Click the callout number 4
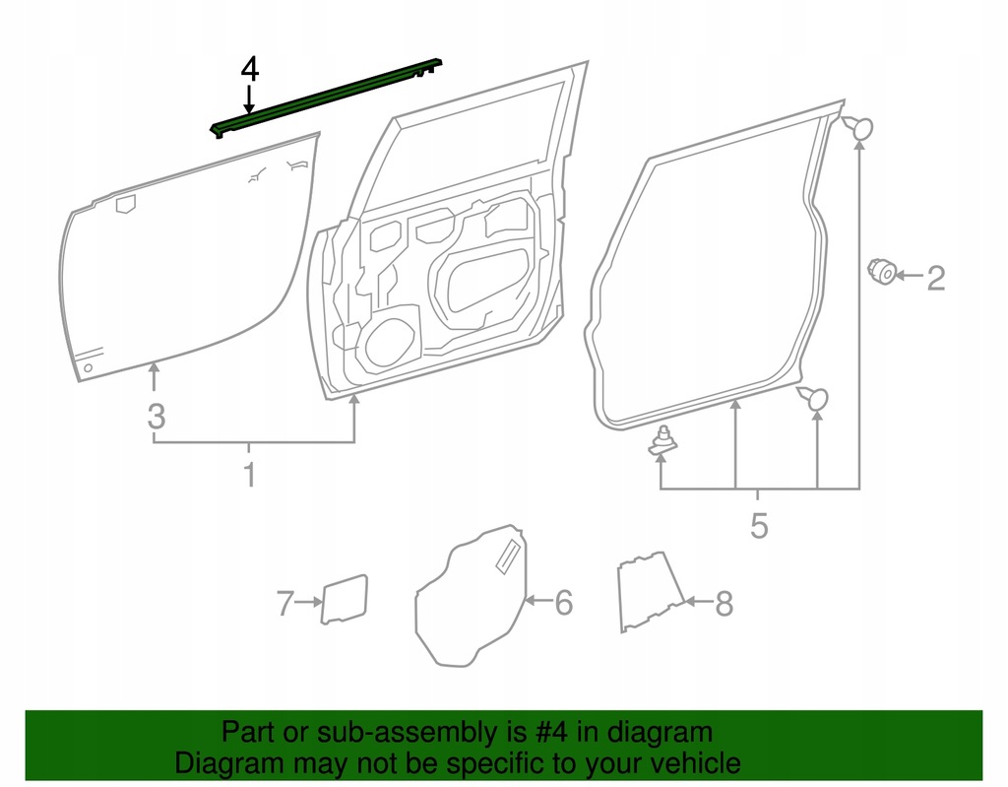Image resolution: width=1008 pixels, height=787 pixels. [250, 69]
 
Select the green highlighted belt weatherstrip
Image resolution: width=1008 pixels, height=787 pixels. [325, 98]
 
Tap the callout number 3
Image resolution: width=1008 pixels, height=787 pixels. [156, 416]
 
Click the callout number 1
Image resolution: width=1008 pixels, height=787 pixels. [250, 475]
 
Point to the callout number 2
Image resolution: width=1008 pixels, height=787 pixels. [935, 279]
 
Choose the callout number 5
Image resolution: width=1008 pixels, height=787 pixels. [758, 526]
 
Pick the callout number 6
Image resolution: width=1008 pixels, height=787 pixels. [563, 601]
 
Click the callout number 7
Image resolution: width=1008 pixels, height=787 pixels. [284, 603]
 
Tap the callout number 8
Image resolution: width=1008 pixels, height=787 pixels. [724, 603]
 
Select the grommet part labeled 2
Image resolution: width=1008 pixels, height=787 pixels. [882, 271]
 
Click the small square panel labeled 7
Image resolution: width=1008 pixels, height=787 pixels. [345, 599]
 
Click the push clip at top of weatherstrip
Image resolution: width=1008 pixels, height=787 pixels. [859, 127]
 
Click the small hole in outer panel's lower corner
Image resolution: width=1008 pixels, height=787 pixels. [88, 369]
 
